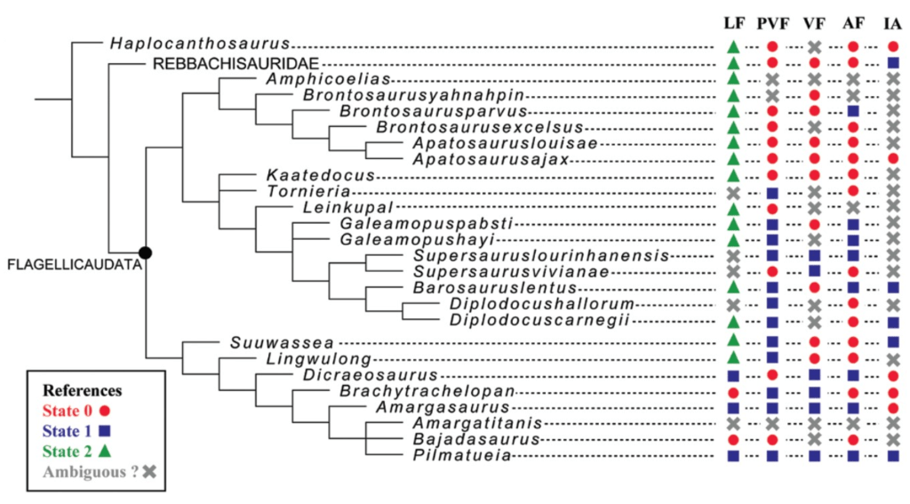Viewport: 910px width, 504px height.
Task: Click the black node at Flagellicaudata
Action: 145,253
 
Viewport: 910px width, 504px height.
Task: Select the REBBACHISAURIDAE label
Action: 235,63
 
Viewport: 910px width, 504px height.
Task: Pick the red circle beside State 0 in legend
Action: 106,411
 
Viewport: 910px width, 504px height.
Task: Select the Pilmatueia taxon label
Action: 459,457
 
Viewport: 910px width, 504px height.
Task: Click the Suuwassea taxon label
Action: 260,341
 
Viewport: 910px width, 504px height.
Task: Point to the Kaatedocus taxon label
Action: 307,175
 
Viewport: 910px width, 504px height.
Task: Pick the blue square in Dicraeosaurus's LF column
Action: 733,375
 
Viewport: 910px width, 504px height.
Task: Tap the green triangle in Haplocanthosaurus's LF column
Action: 733,45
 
